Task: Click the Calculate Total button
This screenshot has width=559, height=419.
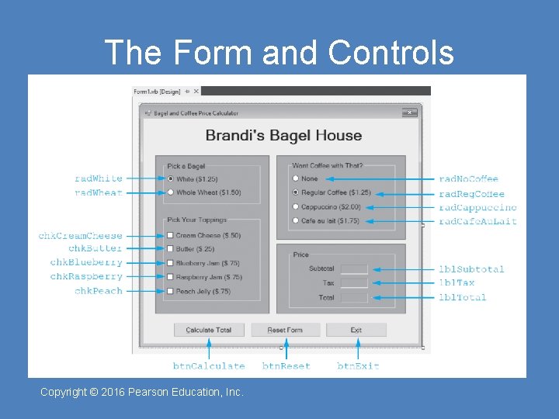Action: [209, 330]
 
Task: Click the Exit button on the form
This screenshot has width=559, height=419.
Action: [356, 330]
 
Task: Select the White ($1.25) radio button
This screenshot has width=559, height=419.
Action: [170, 179]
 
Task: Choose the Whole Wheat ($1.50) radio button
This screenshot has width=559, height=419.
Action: [170, 192]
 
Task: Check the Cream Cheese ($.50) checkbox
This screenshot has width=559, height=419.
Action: [170, 235]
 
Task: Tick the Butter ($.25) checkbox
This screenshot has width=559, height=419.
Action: [170, 249]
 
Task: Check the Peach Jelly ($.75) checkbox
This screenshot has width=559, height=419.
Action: [170, 291]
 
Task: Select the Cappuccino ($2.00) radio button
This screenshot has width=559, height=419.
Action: [295, 207]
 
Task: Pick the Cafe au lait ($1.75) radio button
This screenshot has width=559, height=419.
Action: [295, 221]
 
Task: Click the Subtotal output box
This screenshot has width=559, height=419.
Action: [353, 269]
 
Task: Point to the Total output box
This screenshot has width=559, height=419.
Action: [353, 297]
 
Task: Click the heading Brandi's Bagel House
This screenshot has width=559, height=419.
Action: [283, 136]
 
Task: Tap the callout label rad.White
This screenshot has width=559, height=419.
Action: [98, 178]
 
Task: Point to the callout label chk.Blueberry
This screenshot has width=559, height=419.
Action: [86, 262]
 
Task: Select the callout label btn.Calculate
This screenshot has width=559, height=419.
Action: [208, 366]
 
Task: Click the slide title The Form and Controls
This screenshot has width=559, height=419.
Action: [279, 53]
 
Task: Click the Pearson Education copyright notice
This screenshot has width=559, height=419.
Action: [142, 393]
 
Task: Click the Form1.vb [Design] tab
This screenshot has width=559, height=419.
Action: [158, 92]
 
